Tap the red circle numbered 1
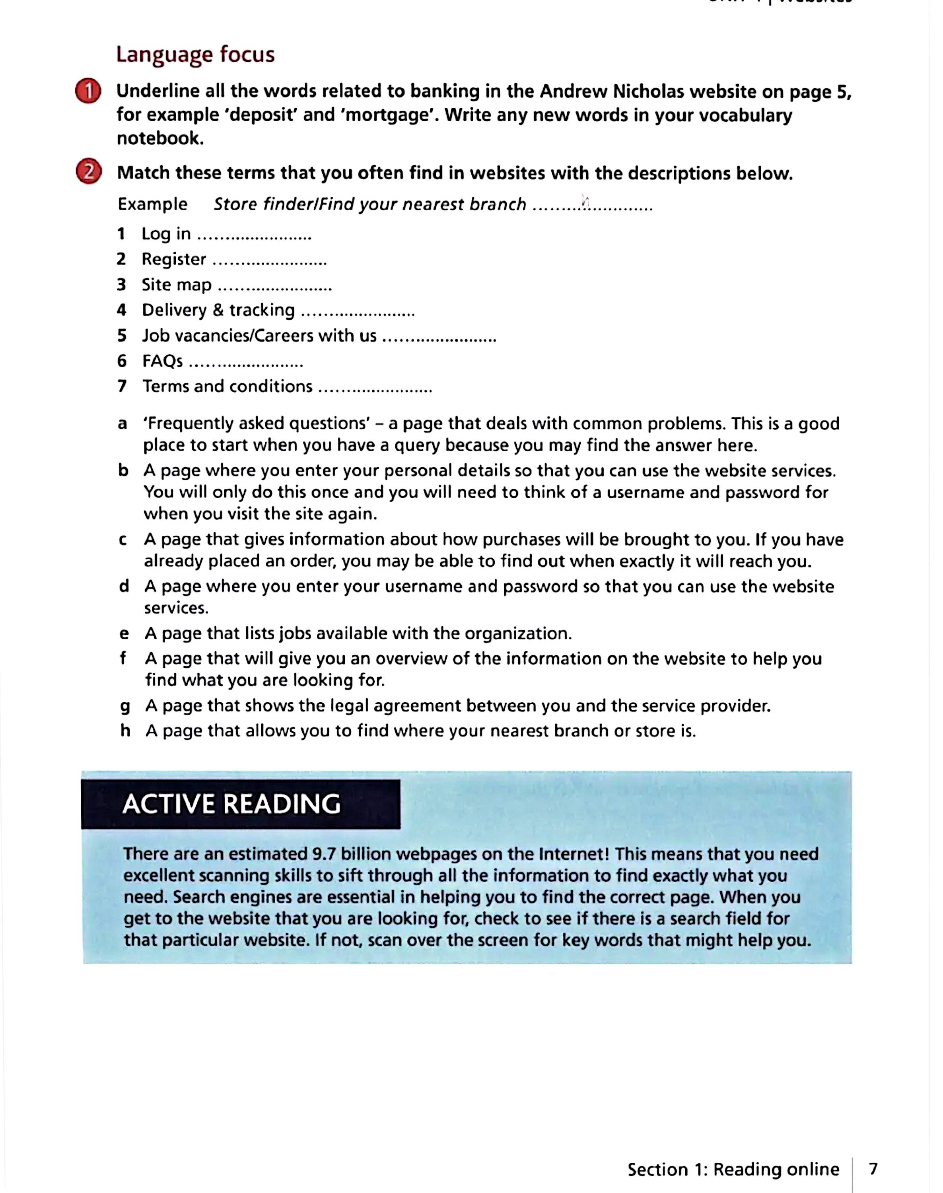(88, 91)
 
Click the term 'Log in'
(166, 234)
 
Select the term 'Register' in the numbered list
(174, 259)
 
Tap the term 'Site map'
(177, 285)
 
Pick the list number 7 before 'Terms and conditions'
(122, 387)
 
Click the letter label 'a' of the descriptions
(122, 424)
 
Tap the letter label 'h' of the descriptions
(125, 731)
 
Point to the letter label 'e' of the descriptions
(124, 634)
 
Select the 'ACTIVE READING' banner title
(231, 804)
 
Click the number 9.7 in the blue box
(323, 854)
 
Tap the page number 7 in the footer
(873, 1169)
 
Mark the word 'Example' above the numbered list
(153, 204)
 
